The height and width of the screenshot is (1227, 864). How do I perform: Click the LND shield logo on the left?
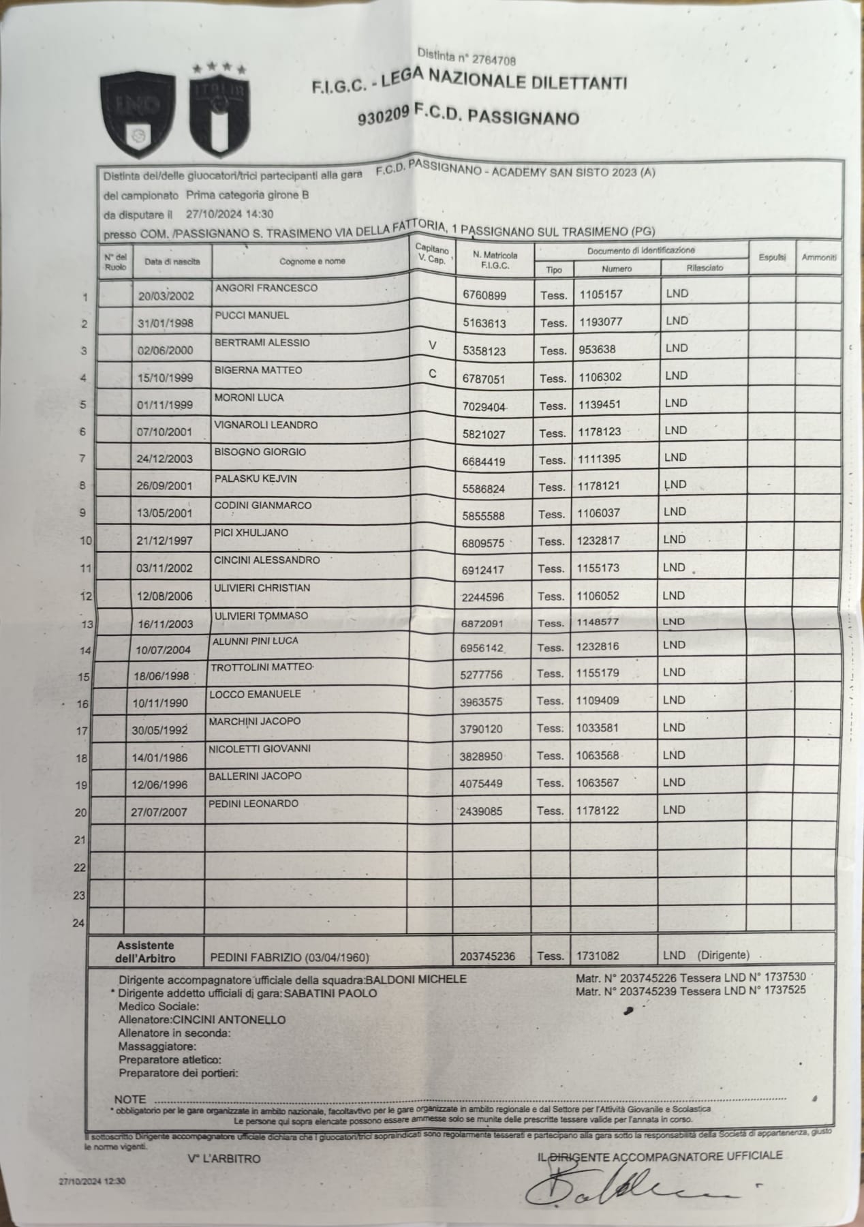pyautogui.click(x=138, y=115)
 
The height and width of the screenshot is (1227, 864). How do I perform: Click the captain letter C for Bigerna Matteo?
pyautogui.click(x=432, y=374)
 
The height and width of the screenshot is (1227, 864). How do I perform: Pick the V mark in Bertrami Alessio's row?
pyautogui.click(x=431, y=346)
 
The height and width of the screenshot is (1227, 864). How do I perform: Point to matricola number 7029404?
pyautogui.click(x=484, y=406)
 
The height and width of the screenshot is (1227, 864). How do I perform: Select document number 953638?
pyautogui.click(x=598, y=349)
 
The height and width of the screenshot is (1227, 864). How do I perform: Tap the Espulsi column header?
pyautogui.click(x=772, y=258)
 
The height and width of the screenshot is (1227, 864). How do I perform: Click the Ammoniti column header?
pyautogui.click(x=818, y=258)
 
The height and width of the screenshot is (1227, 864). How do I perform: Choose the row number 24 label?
pyautogui.click(x=78, y=924)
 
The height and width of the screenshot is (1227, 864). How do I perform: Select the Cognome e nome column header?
pyautogui.click(x=312, y=261)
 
